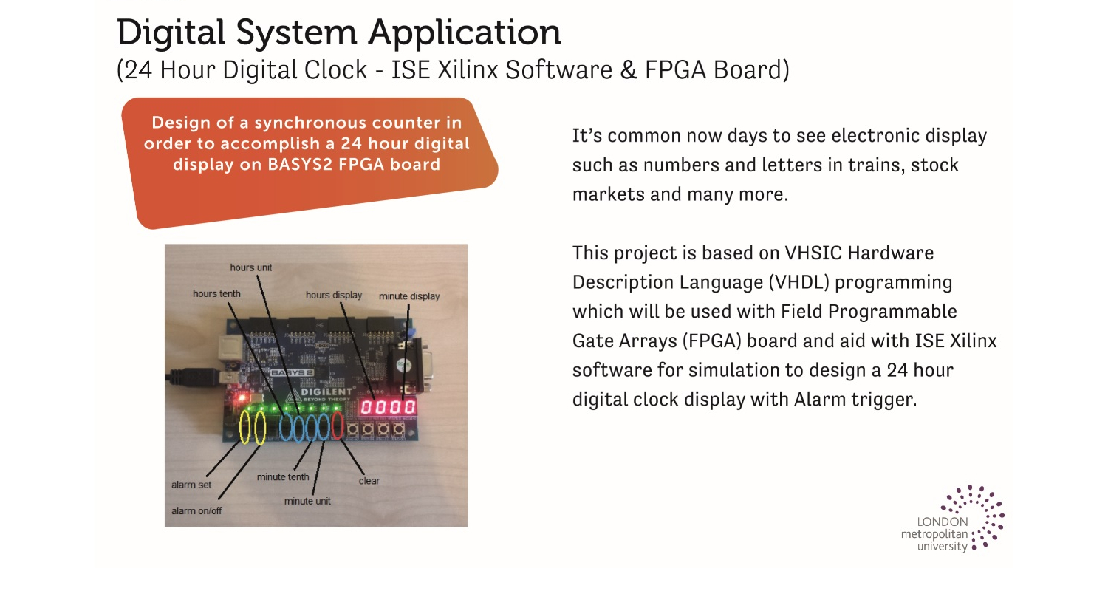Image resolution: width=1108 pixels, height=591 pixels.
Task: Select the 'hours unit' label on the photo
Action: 250,267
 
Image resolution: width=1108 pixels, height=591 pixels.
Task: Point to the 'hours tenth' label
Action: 216,294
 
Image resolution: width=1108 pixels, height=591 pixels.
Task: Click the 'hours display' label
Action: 334,295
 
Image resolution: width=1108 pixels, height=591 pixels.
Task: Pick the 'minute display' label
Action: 408,296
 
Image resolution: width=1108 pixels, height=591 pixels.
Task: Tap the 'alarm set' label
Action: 191,485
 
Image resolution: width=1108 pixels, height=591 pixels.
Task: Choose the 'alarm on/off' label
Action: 196,510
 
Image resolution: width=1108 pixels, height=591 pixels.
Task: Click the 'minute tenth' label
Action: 283,476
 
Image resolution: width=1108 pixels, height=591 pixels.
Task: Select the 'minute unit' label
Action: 307,501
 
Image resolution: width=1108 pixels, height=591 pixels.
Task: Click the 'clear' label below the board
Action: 369,481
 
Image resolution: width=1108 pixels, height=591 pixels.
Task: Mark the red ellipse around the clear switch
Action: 338,426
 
